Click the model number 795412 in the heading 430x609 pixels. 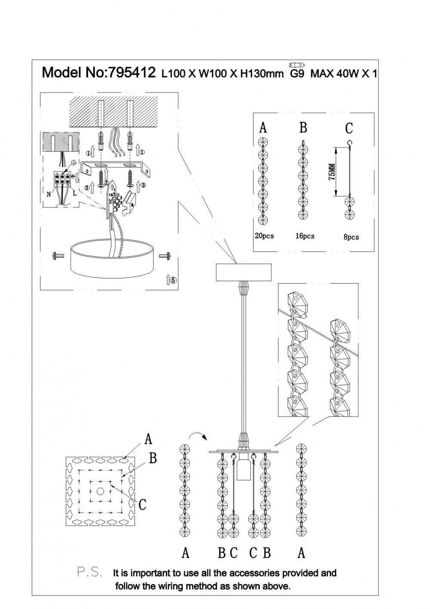(131, 72)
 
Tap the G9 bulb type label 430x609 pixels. (297, 74)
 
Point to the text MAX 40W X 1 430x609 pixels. (344, 74)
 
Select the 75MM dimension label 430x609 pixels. (331, 172)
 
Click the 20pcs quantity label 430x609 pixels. (264, 236)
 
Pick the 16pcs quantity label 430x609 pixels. (304, 236)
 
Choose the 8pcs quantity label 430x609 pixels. (350, 237)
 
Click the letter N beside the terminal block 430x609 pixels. (49, 194)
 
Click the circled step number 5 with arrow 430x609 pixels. (171, 280)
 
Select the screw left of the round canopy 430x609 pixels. (57, 256)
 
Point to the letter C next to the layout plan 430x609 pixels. (143, 504)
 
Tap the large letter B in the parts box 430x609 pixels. (303, 128)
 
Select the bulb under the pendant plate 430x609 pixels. (243, 467)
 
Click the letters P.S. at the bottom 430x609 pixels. (89, 572)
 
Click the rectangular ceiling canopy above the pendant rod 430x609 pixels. (243, 272)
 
